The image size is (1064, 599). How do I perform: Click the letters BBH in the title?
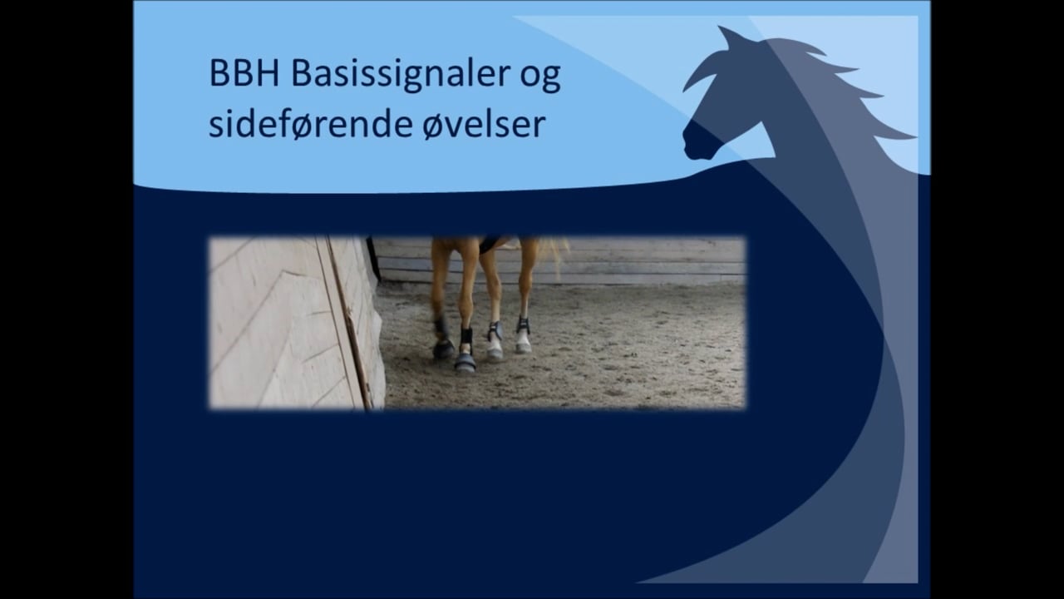coord(244,74)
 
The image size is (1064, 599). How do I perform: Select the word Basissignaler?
coord(401,76)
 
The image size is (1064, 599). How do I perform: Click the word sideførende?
coord(310,125)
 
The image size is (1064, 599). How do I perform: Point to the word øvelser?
coord(484,125)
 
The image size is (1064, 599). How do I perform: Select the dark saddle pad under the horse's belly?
coord(490,245)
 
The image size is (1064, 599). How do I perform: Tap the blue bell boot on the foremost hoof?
coord(465,362)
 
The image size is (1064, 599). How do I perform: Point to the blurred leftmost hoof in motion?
coord(444,350)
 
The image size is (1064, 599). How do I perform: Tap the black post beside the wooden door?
coord(374,259)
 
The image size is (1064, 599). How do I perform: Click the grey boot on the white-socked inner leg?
coord(495,330)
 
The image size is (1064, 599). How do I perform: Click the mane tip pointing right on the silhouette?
coord(909,137)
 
